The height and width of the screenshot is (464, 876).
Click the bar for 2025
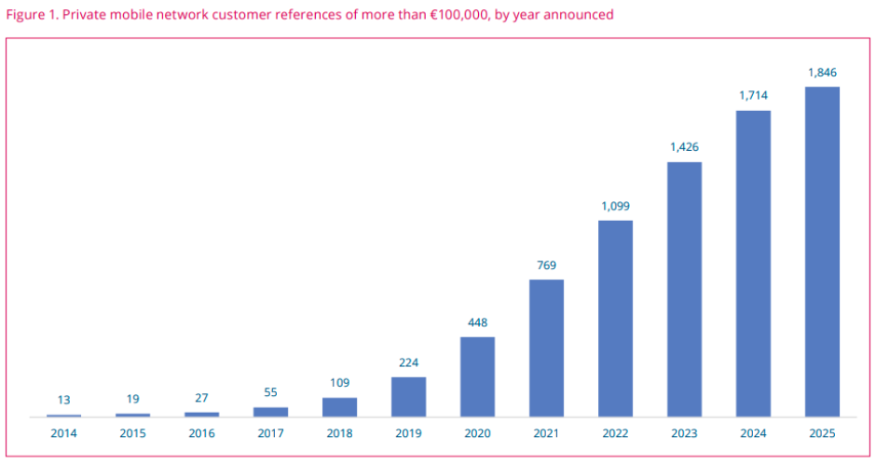(822, 252)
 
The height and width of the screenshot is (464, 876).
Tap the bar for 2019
(408, 396)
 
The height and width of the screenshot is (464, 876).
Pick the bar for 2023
(684, 289)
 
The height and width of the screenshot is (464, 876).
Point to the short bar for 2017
(270, 411)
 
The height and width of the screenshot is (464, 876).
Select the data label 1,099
(615, 206)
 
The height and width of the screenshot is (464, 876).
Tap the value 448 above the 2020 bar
(477, 322)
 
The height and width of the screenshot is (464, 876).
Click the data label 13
(63, 400)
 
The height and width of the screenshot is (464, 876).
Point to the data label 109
(339, 383)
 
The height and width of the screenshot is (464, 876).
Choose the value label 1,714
(753, 95)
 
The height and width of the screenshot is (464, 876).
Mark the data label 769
(546, 266)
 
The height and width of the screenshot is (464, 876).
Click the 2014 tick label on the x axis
(63, 433)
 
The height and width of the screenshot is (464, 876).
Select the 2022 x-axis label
(615, 433)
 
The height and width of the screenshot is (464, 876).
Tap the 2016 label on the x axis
(201, 433)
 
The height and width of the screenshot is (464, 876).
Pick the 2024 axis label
(753, 433)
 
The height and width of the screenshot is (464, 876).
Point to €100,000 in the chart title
(450, 15)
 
